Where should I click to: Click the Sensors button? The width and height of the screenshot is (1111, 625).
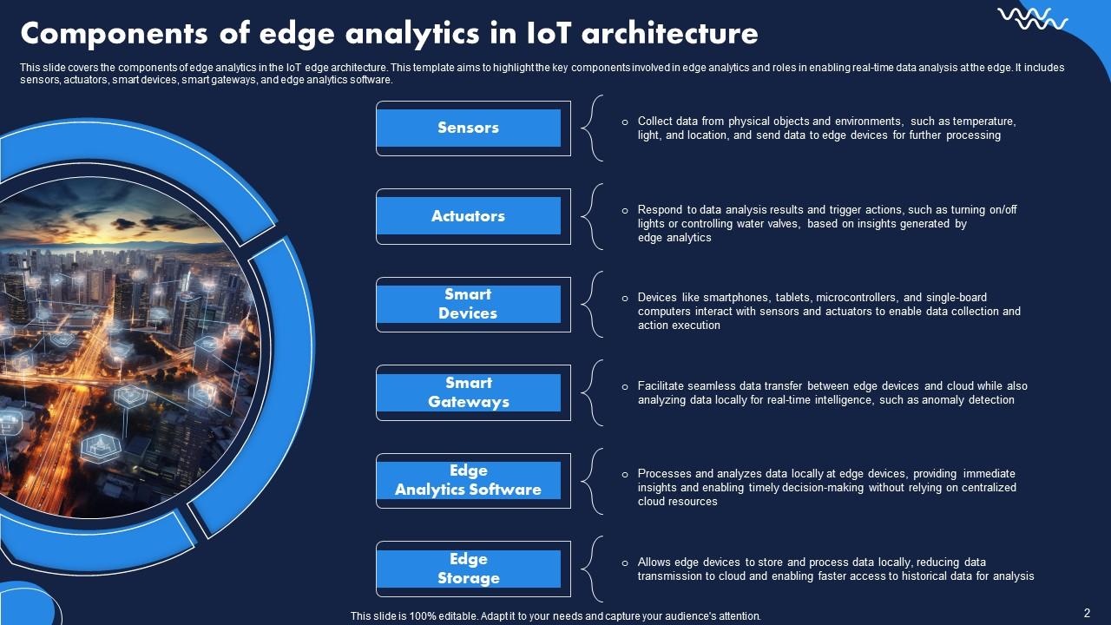(x=468, y=128)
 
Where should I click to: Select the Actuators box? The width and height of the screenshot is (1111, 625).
(x=468, y=216)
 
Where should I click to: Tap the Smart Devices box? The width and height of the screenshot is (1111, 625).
(x=468, y=304)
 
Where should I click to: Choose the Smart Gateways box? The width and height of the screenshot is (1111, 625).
(x=468, y=392)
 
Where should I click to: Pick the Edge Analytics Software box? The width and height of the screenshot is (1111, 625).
(x=468, y=480)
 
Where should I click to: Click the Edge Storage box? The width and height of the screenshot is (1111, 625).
(x=468, y=569)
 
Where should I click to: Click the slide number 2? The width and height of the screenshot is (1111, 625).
(x=1087, y=613)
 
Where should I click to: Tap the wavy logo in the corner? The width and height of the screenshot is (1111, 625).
(x=1032, y=19)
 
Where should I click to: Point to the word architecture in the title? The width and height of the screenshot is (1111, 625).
(x=669, y=34)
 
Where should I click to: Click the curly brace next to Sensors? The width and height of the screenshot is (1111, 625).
(x=592, y=128)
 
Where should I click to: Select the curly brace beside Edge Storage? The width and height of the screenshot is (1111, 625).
(x=592, y=569)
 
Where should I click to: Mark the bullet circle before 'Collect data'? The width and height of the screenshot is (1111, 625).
(x=625, y=122)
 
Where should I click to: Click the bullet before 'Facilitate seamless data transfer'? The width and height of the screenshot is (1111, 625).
(x=625, y=387)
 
